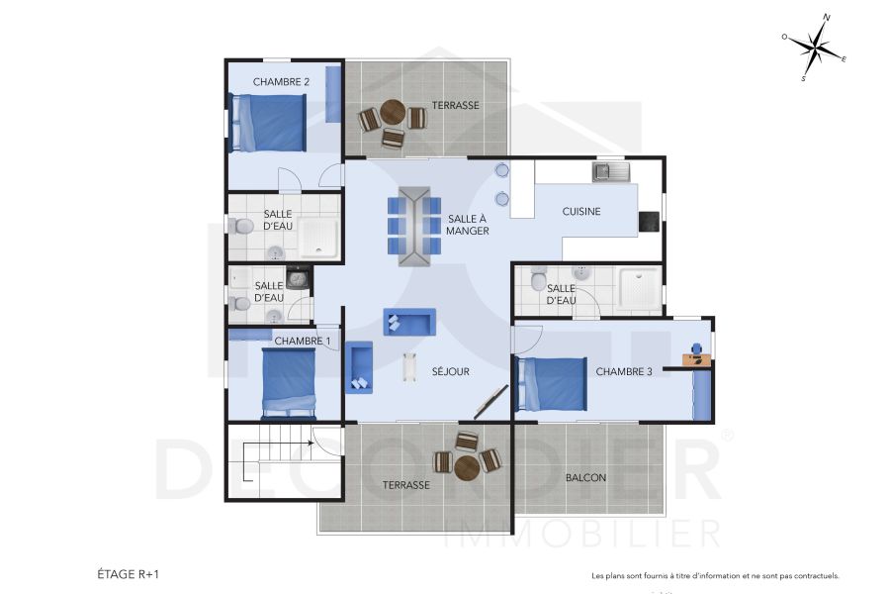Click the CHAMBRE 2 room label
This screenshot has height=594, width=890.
281,82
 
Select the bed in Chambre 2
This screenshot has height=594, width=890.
268,123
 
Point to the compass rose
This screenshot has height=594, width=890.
815,48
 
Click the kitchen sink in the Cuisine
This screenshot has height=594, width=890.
611,173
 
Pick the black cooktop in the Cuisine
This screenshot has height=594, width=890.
649,222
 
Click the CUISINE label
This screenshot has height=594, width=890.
581,212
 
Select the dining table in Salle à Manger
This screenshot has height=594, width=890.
415,226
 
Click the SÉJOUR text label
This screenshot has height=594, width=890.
450,372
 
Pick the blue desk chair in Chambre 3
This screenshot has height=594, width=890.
698,348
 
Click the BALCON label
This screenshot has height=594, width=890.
585,478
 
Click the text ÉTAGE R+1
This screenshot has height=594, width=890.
129,573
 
